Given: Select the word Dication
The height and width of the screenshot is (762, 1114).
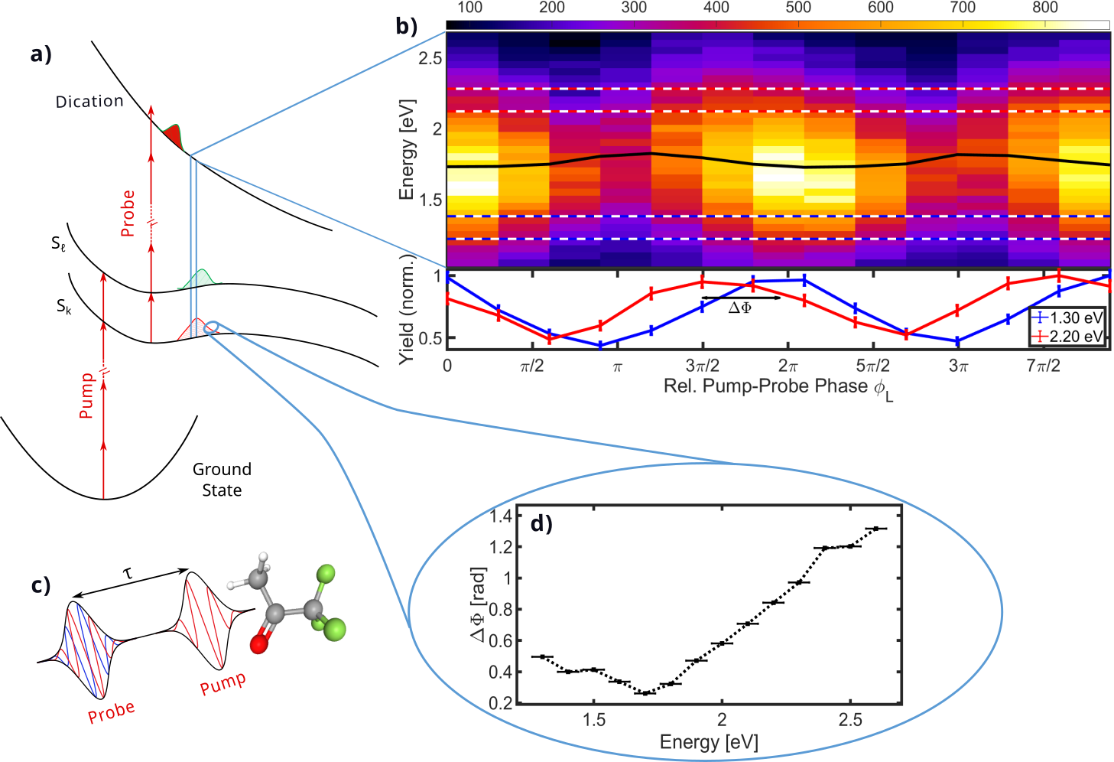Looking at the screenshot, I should point(89,102).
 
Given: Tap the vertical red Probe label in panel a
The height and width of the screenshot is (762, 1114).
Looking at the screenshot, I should point(128,213).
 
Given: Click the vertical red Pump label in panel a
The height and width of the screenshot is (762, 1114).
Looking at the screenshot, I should point(87,396).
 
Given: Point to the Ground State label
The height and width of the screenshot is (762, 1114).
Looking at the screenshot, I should point(222,480).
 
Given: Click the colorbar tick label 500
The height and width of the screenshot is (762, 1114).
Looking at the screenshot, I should point(798,8).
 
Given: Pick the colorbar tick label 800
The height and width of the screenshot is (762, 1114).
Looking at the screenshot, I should point(1044,8).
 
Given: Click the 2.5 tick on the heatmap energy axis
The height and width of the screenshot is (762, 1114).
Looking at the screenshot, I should point(430,59).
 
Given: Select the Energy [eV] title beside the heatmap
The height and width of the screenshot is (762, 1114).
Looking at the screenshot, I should point(407,149).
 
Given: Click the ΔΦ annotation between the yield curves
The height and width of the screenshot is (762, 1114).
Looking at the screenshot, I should point(739,308).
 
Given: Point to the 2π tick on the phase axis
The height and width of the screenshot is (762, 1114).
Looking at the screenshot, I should point(788,366).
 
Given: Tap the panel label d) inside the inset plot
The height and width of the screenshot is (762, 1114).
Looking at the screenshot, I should point(541,524).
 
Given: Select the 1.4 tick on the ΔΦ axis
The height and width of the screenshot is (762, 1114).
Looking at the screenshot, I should point(501,516).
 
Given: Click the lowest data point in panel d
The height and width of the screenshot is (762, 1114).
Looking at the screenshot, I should point(645,693).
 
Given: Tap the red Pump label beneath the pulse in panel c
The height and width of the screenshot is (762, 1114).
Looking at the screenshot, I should point(222,683).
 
